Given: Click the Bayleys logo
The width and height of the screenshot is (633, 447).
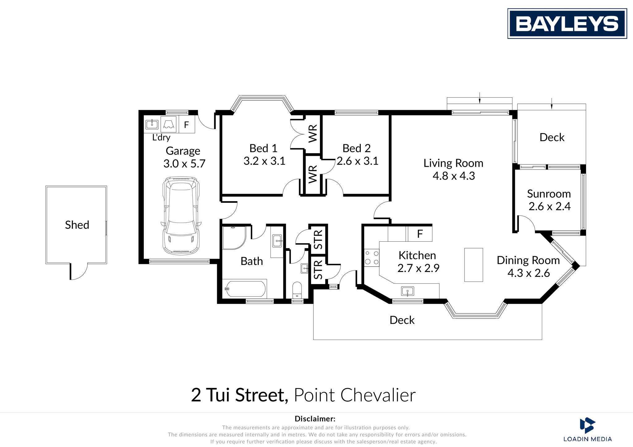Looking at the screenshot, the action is (567, 23).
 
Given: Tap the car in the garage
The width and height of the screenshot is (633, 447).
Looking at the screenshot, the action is (181, 215).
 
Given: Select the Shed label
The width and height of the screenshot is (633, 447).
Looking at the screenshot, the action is (77, 225).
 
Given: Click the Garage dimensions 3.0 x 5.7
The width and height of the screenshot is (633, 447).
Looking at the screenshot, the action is (184, 163).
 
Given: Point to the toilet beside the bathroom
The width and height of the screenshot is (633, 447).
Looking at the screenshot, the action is (297, 290).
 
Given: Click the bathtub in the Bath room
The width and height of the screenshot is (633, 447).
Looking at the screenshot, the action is (244, 289).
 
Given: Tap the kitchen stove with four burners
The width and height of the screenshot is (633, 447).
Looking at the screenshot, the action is (372, 258).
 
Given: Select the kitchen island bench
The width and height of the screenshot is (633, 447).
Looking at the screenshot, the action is (474, 265).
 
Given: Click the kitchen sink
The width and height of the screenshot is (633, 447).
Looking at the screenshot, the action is (408, 291).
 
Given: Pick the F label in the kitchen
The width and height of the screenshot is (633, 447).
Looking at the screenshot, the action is (420, 234).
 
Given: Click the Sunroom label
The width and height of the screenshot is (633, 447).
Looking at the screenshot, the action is (549, 194).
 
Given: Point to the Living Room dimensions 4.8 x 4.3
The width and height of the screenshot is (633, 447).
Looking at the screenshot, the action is (453, 176).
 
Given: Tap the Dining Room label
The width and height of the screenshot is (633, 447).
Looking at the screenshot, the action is (528, 260).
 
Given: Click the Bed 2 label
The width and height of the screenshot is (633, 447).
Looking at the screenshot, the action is (357, 148).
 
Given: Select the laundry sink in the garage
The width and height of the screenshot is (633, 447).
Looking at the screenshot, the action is (152, 124).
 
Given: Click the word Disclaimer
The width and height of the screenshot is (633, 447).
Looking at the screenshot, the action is (315, 419).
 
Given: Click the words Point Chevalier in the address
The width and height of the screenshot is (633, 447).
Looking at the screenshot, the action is (355, 395).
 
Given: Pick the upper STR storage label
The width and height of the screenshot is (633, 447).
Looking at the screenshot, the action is (318, 240).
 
